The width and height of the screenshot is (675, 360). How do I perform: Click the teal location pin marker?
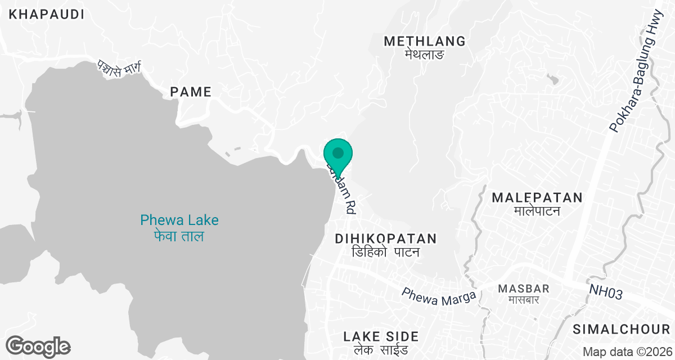[x=338, y=153]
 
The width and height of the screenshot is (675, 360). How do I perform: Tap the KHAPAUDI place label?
[x=47, y=15]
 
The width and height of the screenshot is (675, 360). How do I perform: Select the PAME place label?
[x=191, y=92]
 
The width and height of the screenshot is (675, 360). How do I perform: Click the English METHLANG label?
[x=425, y=41]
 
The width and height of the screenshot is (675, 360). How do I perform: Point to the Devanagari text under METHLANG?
[x=425, y=55]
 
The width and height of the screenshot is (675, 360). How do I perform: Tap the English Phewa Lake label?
[x=179, y=220]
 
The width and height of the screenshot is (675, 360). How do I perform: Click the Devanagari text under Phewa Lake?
[x=179, y=236]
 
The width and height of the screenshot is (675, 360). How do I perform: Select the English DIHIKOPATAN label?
[x=386, y=239]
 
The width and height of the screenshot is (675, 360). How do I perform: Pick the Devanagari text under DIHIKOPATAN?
[x=386, y=252]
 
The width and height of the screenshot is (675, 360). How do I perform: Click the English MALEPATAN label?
[x=537, y=197]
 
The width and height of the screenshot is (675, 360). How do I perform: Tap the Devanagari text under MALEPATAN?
[x=537, y=211]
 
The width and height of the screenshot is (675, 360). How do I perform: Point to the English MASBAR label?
[x=519, y=289]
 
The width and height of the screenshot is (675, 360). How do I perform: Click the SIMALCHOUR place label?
[x=621, y=328]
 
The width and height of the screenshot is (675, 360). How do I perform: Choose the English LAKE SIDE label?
[x=381, y=336]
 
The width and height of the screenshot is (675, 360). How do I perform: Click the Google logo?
[x=38, y=346]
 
